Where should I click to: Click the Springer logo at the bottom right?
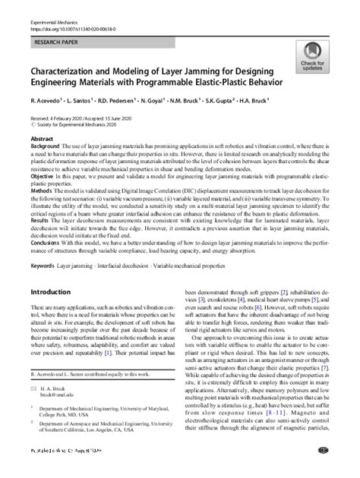(325, 470)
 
